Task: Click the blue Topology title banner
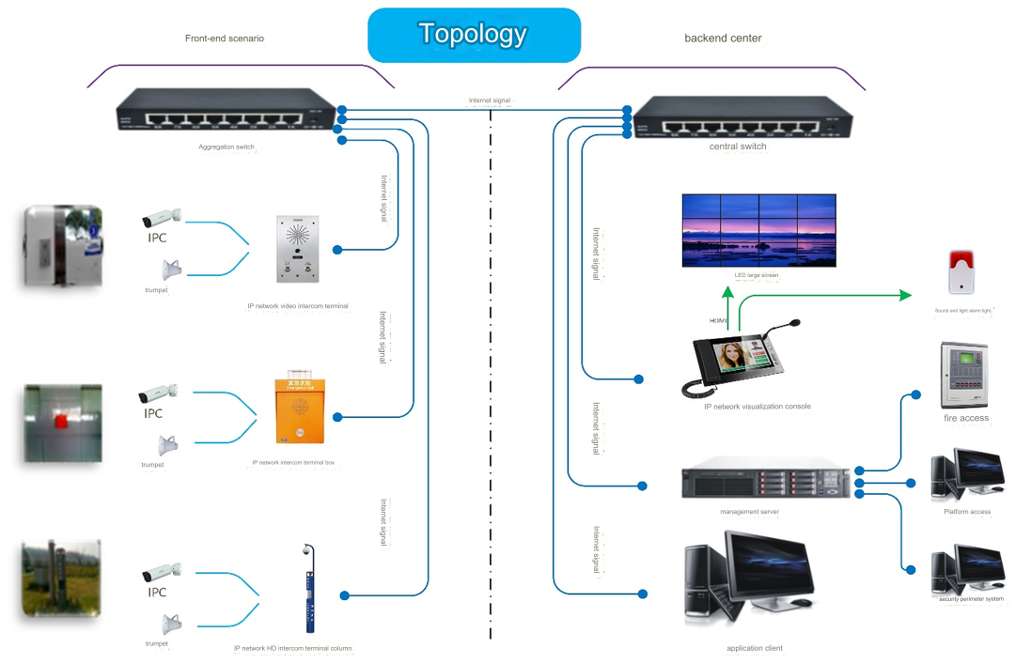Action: [x=474, y=36]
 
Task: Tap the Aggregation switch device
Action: [x=226, y=114]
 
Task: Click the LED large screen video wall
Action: [x=758, y=230]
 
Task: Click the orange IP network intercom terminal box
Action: [x=299, y=411]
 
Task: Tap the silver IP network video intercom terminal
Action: [x=298, y=249]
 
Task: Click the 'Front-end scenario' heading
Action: [x=225, y=39]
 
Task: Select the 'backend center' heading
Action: [x=723, y=39]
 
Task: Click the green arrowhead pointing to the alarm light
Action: [x=905, y=295]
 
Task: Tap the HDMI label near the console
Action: [x=719, y=321]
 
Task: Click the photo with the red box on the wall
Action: [x=62, y=423]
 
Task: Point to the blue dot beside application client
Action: [x=644, y=594]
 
